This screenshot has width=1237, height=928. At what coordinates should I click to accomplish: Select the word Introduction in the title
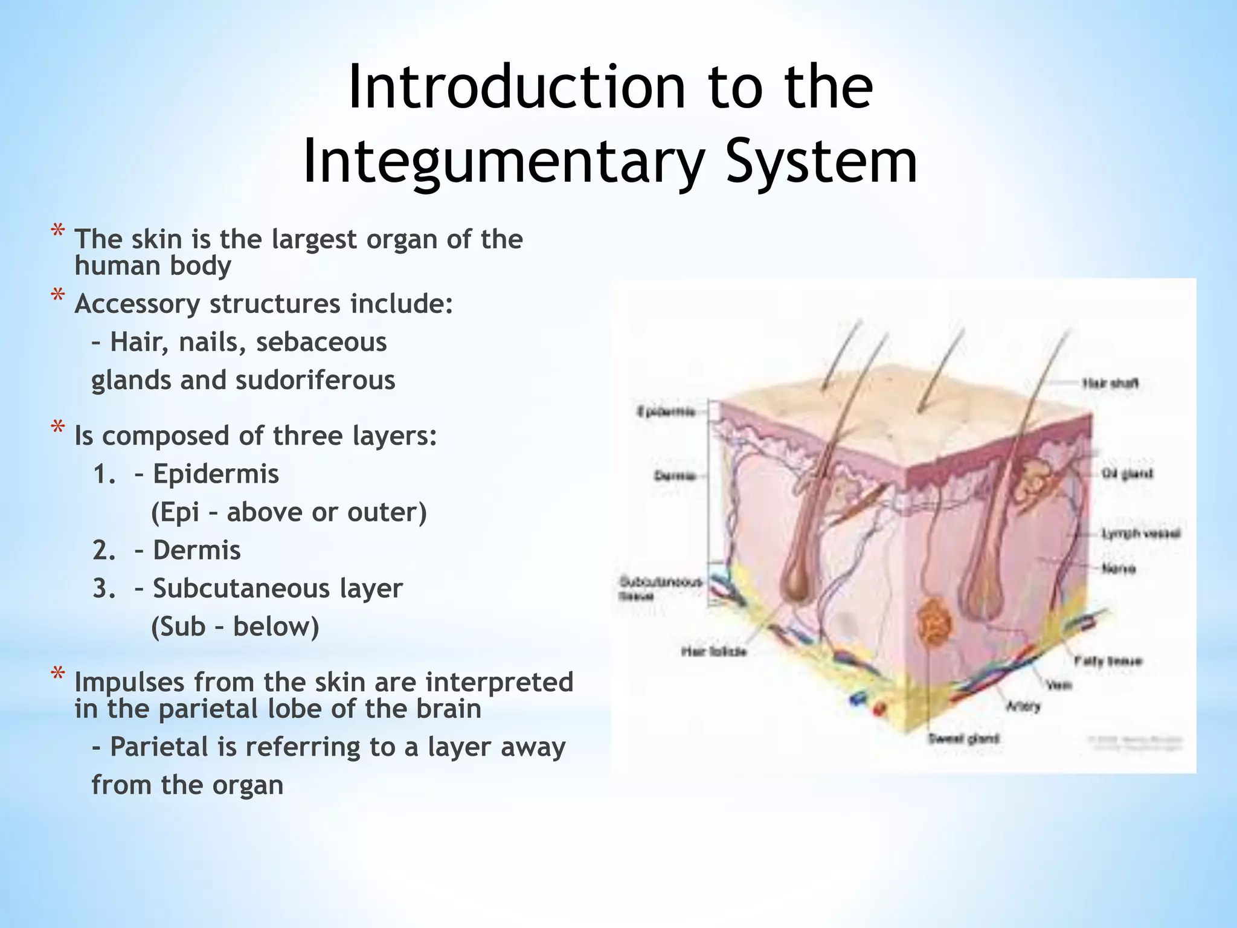(x=516, y=88)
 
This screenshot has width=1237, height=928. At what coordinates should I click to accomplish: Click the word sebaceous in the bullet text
(x=321, y=343)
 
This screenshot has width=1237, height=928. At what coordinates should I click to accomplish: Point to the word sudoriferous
(x=315, y=381)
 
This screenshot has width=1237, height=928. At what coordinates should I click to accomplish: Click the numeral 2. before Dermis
(x=104, y=550)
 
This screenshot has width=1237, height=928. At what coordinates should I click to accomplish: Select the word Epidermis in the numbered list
(x=216, y=474)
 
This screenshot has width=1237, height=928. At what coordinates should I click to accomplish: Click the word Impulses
(x=129, y=682)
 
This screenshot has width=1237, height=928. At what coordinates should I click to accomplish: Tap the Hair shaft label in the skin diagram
(x=1110, y=383)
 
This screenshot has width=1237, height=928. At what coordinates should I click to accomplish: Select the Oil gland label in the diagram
(x=1127, y=473)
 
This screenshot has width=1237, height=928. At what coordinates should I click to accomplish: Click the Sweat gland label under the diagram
(x=963, y=738)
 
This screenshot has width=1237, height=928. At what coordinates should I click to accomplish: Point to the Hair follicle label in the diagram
(x=714, y=651)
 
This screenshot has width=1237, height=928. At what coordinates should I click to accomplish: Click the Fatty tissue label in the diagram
(x=1108, y=661)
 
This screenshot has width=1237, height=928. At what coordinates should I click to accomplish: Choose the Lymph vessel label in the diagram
(x=1140, y=533)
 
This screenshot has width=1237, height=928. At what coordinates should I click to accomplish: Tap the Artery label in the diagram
(x=1023, y=706)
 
